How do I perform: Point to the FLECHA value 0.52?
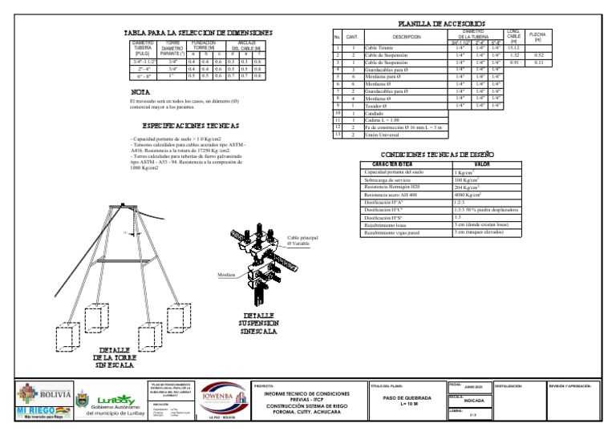tap(539, 55)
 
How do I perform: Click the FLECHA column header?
tap(538, 37)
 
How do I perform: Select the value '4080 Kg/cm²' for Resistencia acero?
tap(468, 195)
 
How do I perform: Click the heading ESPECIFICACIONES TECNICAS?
tap(190, 126)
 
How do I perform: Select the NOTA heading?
tap(140, 93)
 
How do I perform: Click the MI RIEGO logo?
tap(40, 412)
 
